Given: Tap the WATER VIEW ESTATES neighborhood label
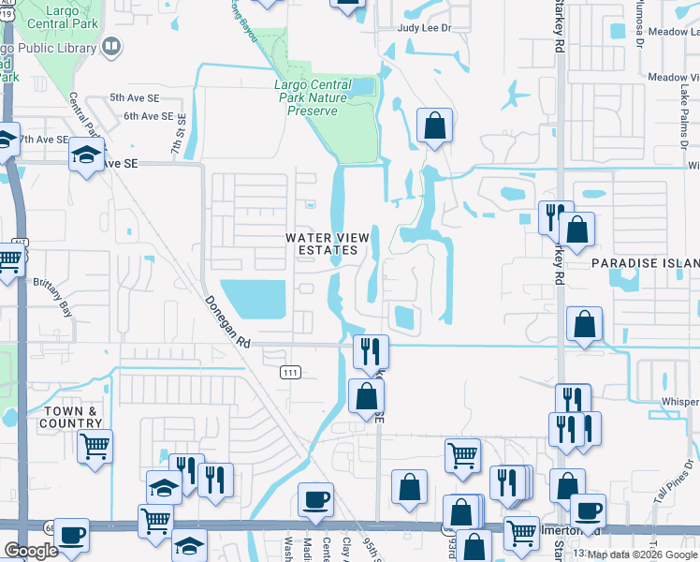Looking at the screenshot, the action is tap(322, 244).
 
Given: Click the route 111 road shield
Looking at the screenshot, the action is tap(289, 373).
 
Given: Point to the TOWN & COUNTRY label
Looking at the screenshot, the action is tap(70, 417).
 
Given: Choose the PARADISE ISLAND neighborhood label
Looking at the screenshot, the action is tap(646, 265).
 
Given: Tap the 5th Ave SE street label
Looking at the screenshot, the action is tap(129, 97).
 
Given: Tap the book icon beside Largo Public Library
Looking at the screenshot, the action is tap(111, 46).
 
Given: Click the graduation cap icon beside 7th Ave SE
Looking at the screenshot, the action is tap(85, 154).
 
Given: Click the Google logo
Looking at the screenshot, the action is tap(31, 551).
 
